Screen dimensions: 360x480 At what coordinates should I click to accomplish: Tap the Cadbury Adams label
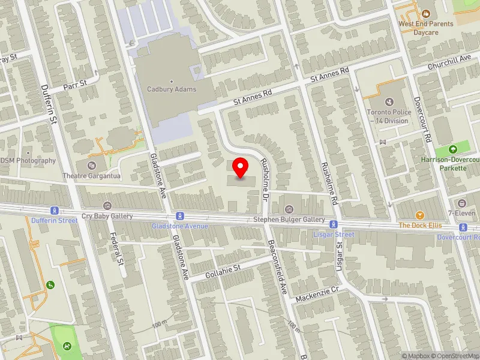(x=172, y=89)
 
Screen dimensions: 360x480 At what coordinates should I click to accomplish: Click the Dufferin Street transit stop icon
(x=55, y=211)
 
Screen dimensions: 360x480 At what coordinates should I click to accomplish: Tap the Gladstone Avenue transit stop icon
(x=179, y=216)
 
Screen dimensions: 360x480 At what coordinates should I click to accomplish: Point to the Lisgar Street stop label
(x=334, y=234)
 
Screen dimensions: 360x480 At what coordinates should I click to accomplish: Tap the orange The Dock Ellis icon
(x=420, y=215)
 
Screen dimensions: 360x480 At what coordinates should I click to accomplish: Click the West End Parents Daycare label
(x=426, y=28)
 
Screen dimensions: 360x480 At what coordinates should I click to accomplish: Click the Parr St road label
(x=76, y=83)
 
